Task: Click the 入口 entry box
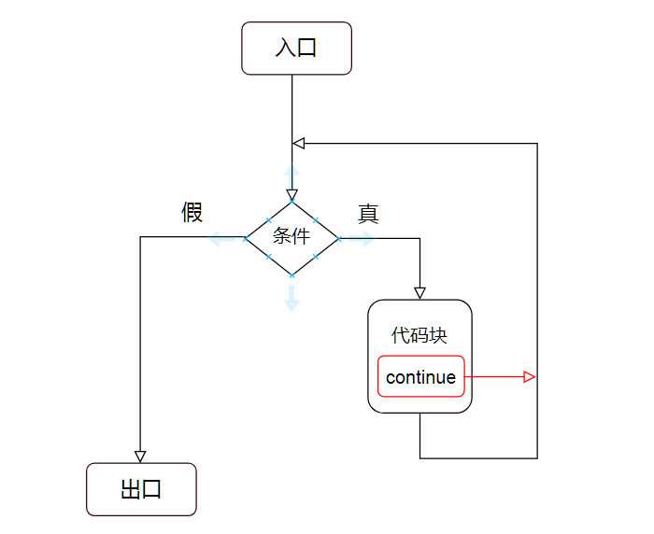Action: coord(296,48)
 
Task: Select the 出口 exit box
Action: coord(141,489)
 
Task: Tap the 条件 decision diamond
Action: coord(291,237)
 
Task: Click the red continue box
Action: coord(420,377)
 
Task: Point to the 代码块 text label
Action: coord(419,335)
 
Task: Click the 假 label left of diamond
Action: coord(192,213)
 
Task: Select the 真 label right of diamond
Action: coord(368,214)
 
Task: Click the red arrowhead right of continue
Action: coord(530,377)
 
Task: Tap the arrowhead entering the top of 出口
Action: coord(140,456)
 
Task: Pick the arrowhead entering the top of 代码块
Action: coord(419,292)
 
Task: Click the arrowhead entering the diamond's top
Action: coord(291,195)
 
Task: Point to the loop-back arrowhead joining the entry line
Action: coord(299,143)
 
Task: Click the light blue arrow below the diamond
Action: coord(291,297)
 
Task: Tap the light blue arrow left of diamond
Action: coord(221,239)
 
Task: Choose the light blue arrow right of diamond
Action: coord(361,239)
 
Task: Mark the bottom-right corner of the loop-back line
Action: coord(537,458)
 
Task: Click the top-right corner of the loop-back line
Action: coord(537,143)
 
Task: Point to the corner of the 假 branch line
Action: coord(140,237)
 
